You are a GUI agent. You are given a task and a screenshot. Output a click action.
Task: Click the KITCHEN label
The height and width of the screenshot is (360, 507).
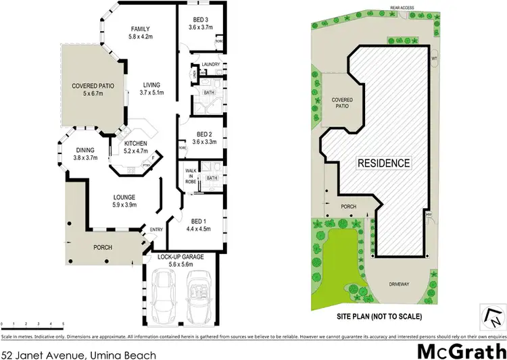pyautogui.click(x=136, y=143)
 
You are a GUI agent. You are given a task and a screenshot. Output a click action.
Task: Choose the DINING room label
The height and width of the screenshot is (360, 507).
pyautogui.click(x=86, y=150)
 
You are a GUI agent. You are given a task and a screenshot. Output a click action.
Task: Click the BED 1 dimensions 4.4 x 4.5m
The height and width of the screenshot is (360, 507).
pyautogui.click(x=199, y=229)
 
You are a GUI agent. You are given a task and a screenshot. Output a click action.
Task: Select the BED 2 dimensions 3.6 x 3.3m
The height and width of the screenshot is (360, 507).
pyautogui.click(x=199, y=142)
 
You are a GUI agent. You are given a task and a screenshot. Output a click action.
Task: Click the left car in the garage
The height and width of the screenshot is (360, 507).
pyautogui.click(x=165, y=295)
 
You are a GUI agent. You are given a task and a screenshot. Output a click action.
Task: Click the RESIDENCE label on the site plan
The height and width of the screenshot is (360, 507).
pyautogui.click(x=383, y=163)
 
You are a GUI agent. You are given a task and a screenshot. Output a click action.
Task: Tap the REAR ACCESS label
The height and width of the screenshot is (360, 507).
pyautogui.click(x=401, y=7)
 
